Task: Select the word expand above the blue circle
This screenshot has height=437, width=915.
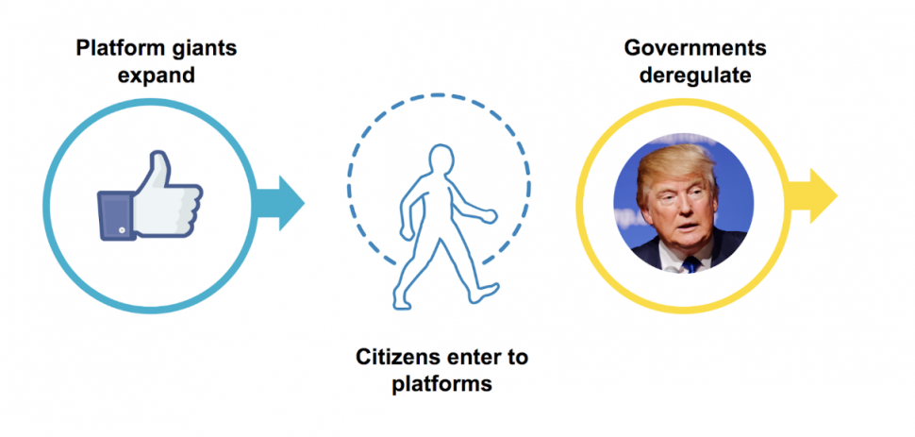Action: click(157, 75)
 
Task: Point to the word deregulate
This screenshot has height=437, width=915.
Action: click(696, 75)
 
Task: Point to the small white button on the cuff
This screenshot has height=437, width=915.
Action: click(121, 228)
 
